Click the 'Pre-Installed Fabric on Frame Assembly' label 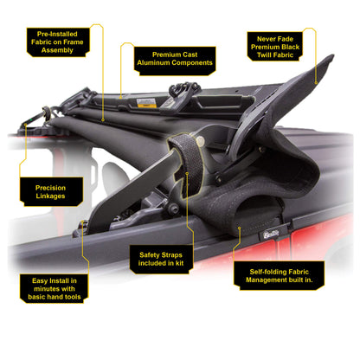coord(58,42)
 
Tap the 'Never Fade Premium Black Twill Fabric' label coord(275,47)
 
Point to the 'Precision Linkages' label coord(51,192)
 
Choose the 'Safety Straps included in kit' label coord(161,259)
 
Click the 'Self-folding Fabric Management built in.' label coord(279,276)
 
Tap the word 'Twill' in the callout coord(265,55)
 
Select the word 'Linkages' coord(51,196)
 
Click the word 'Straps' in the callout coord(171,255)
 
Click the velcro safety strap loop coord(186,164)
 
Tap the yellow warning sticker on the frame coord(147,103)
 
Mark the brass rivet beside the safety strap coord(200,140)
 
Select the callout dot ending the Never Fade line coord(316,83)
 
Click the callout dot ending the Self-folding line coord(240,228)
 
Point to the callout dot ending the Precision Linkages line coord(25,125)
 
